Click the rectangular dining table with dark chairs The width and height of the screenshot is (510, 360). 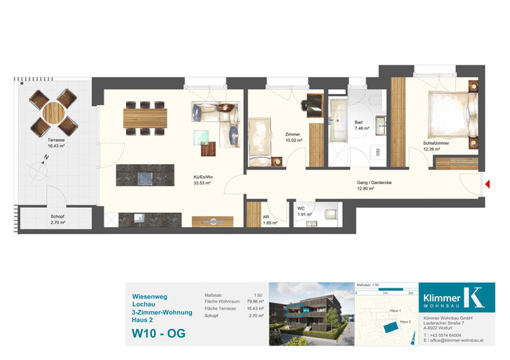(x=144, y=118)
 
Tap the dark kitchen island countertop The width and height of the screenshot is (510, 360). (x=145, y=174)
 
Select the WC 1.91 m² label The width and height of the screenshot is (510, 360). (x=302, y=212)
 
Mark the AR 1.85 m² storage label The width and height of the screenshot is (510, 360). (x=270, y=220)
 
